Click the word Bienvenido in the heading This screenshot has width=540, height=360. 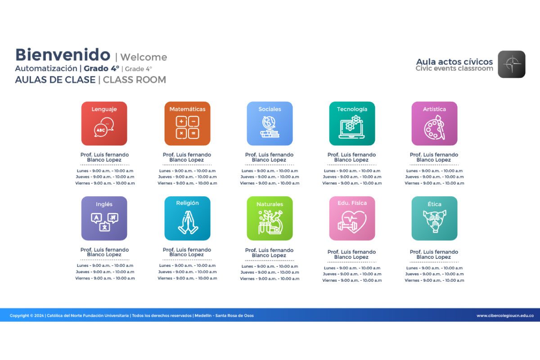click(x=63, y=55)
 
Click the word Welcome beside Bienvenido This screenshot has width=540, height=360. click(x=144, y=57)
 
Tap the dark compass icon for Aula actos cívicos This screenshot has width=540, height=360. click(x=512, y=64)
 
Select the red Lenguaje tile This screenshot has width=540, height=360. click(x=104, y=123)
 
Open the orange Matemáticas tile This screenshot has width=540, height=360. click(x=187, y=123)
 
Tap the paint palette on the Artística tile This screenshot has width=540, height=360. click(x=434, y=127)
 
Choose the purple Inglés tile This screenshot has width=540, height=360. click(x=104, y=218)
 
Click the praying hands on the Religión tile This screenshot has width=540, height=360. click(x=188, y=222)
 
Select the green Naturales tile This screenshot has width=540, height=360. click(x=270, y=218)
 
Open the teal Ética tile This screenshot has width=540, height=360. click(x=434, y=218)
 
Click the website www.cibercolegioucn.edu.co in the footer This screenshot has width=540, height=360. click(x=505, y=315)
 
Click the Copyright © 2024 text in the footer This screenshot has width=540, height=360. click(x=27, y=315)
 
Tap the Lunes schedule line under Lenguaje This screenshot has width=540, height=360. click(x=105, y=171)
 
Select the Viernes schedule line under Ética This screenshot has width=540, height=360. click(x=434, y=280)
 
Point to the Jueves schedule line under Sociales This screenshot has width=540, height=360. click(x=270, y=177)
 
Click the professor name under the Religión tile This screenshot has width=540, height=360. click(x=187, y=252)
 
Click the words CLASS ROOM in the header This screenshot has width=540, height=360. click(x=135, y=80)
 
